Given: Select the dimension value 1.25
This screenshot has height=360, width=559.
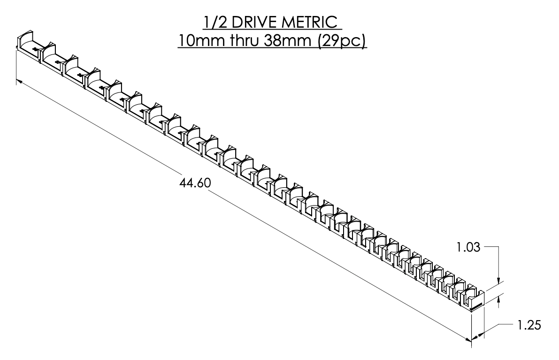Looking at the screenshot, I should pos(528,325).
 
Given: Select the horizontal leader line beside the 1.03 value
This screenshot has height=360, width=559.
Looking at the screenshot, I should pos(491,245).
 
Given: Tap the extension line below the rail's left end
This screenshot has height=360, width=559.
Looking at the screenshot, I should pos(17,66).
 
